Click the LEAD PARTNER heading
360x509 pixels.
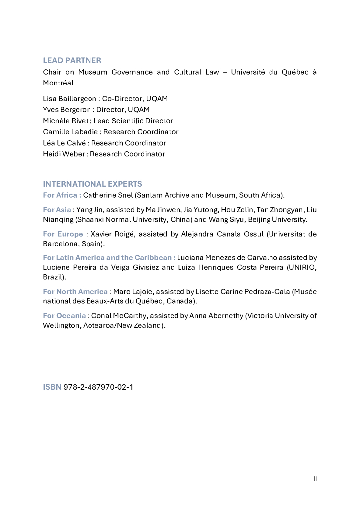(x=72, y=60)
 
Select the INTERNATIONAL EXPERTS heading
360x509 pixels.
(x=92, y=184)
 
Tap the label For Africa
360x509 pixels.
(x=61, y=195)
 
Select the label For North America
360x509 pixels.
(x=75, y=292)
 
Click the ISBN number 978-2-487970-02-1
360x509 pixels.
(x=98, y=386)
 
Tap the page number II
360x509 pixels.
(x=315, y=478)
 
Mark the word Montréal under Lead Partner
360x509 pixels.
(x=58, y=83)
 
